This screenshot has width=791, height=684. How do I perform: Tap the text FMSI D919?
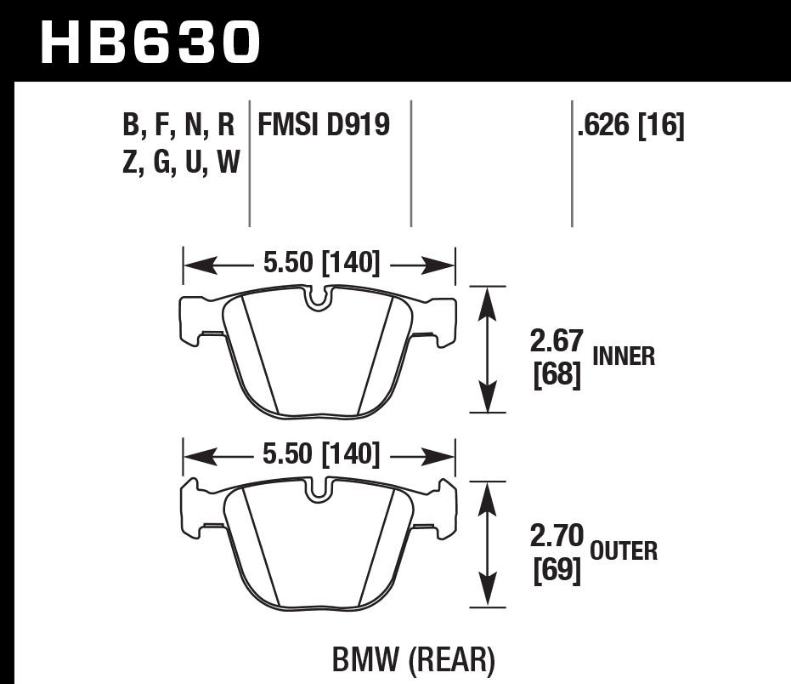click(x=324, y=126)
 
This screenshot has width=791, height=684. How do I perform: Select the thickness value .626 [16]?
click(x=630, y=126)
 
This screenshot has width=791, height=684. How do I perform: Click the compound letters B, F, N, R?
click(x=178, y=127)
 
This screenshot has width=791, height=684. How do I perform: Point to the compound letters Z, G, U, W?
click(x=181, y=161)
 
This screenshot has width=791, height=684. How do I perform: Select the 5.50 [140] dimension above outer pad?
click(x=320, y=455)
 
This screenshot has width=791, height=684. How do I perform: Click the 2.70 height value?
click(x=557, y=536)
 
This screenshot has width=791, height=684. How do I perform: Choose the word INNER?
click(x=624, y=356)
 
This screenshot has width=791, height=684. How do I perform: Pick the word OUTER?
click(x=624, y=551)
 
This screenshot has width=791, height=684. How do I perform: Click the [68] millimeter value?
click(x=557, y=374)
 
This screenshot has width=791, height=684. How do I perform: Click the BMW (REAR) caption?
click(x=411, y=659)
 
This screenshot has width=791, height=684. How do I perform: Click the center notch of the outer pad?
click(x=319, y=491)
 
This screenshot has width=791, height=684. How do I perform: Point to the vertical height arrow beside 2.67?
click(x=488, y=350)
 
